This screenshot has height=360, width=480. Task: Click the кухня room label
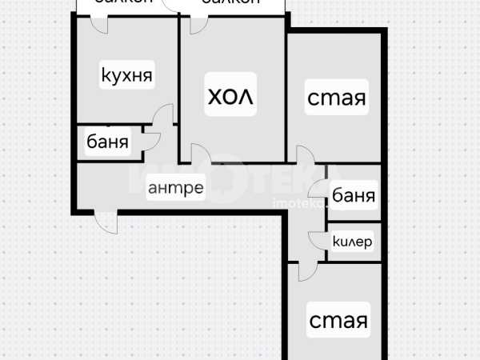pyautogui.click(x=126, y=77)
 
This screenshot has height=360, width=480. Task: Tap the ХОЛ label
pyautogui.click(x=230, y=98)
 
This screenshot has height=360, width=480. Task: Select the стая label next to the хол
pyautogui.click(x=337, y=99)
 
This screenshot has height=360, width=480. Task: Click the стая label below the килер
pyautogui.click(x=338, y=321)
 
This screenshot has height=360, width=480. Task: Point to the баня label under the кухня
pyautogui.click(x=107, y=144)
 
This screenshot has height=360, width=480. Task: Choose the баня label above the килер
pyautogui.click(x=353, y=194)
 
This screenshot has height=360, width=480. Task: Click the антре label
pyautogui.click(x=175, y=189)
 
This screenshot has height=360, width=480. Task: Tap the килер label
pyautogui.click(x=353, y=242)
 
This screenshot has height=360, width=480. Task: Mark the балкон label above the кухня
pyautogui.click(x=123, y=3)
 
